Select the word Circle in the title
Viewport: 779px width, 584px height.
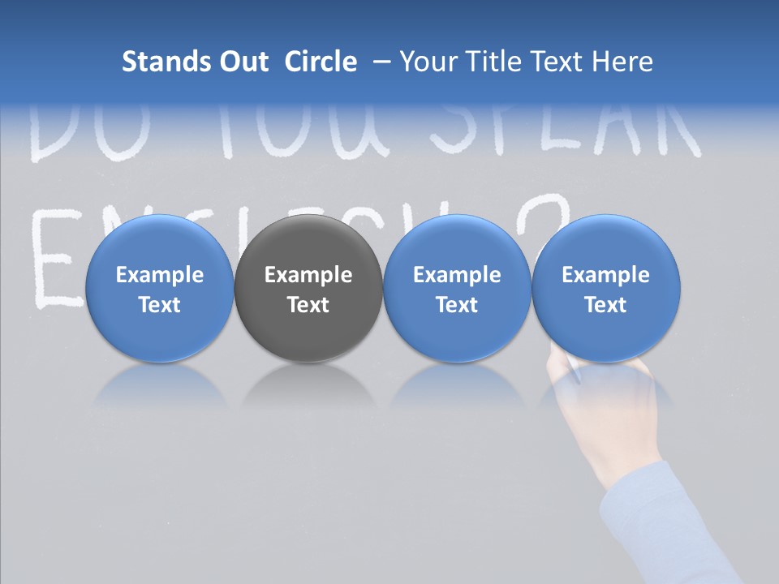pos(321,62)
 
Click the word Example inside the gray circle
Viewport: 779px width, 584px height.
pos(308,275)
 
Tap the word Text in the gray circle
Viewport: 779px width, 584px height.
pos(308,305)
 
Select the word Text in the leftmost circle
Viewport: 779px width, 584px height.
pos(159,305)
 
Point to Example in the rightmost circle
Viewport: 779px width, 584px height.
pos(606,275)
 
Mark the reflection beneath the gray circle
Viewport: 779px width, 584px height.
pos(308,385)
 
